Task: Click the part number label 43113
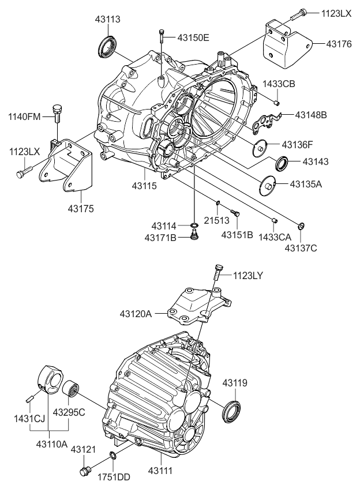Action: pos(108,20)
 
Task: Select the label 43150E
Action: pos(193,38)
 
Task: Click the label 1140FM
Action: pos(24,117)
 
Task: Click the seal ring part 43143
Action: pos(283,164)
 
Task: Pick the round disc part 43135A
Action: pos(267,185)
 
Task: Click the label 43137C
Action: pos(300,248)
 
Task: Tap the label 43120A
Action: pos(136,314)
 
